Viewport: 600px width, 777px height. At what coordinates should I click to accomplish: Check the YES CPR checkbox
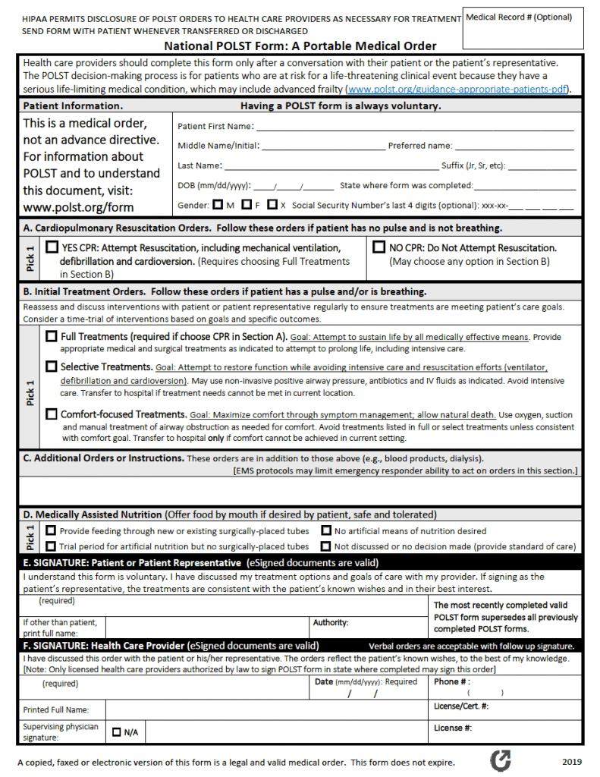pos(52,247)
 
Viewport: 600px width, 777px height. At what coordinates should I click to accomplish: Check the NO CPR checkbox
pos(379,247)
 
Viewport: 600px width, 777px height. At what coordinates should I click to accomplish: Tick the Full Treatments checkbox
pos(52,336)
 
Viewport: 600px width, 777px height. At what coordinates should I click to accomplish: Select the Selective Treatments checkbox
pos(52,366)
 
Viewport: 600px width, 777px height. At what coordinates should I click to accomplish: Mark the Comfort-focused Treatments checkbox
pos(52,414)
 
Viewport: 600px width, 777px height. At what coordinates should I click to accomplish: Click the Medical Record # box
pos(523,29)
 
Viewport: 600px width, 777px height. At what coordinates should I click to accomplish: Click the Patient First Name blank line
pos(413,127)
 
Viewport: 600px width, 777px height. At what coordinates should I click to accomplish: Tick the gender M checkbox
pos(218,205)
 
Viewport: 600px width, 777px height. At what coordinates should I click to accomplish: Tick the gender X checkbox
pos(272,205)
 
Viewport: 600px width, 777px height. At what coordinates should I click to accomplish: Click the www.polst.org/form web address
pos(78,207)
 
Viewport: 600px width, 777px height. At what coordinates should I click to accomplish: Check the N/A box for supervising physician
pos(117,732)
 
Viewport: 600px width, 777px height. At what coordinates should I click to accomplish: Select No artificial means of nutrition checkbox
pos(325,531)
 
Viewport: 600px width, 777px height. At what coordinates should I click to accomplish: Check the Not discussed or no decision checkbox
pos(325,546)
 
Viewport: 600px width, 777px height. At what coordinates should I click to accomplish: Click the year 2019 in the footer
pos(572,762)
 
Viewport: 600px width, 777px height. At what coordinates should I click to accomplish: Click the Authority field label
pos(331,623)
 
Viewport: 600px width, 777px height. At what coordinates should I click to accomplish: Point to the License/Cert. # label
pos(460,706)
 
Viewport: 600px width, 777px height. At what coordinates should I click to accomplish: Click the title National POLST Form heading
pos(300,46)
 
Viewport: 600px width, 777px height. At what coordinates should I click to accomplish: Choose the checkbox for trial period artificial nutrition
pos(52,546)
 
